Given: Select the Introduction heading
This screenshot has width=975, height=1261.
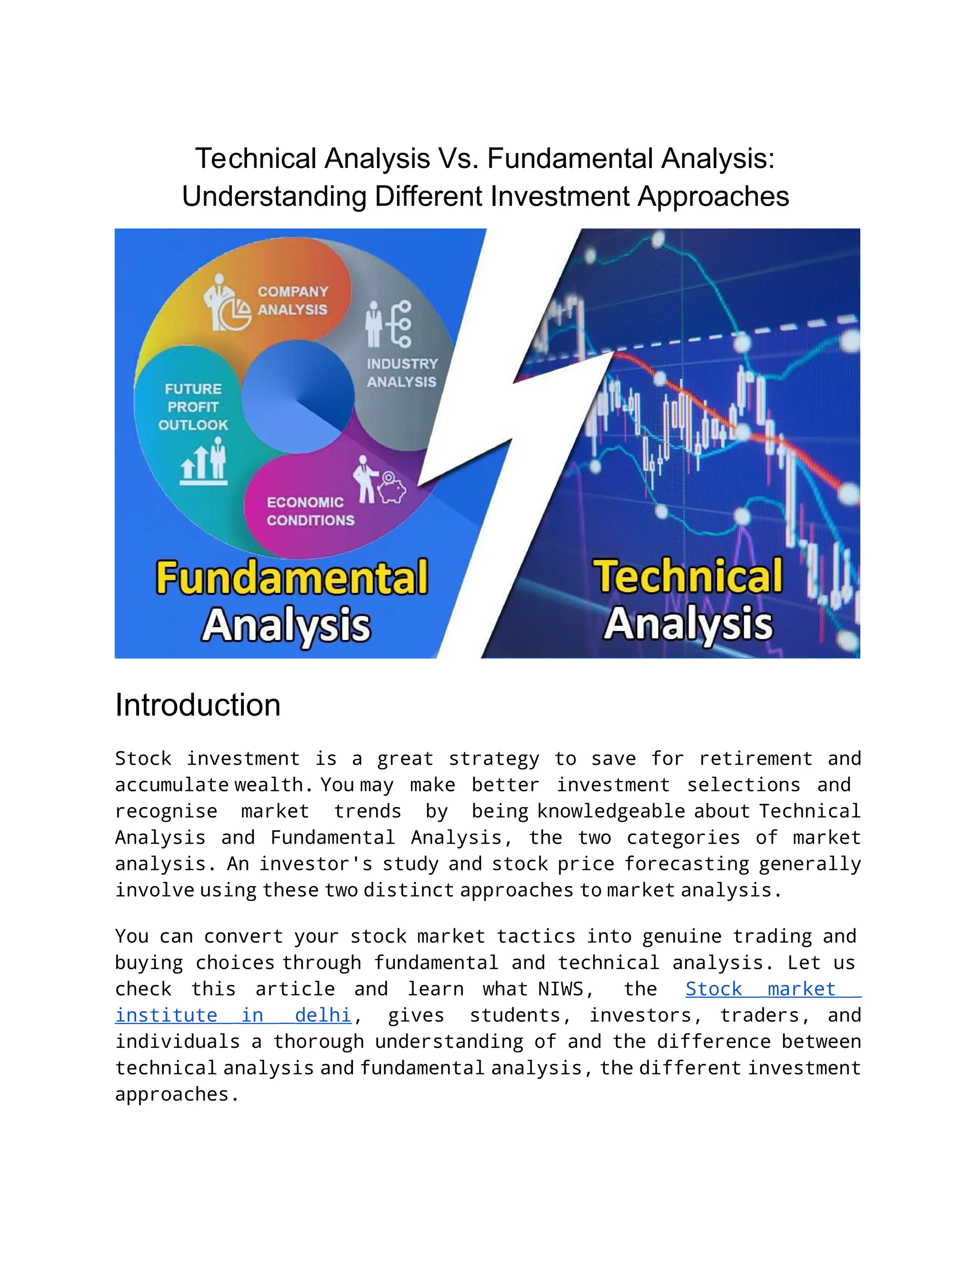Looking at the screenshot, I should (198, 705).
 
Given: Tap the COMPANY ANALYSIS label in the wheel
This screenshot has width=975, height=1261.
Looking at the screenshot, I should (292, 301).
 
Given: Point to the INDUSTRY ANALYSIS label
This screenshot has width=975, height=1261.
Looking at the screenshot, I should (402, 373).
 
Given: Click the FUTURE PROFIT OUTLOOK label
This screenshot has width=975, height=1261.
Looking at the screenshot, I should (193, 407).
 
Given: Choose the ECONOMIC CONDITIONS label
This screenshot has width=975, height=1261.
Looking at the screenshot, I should (310, 511).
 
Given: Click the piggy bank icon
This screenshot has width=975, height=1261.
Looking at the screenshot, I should (392, 489).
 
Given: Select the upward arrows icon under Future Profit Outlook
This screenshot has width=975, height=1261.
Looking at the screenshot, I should (195, 466).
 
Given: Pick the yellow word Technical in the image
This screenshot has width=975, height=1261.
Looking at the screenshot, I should (688, 576).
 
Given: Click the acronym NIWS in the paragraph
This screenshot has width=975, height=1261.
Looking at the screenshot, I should (561, 989).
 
